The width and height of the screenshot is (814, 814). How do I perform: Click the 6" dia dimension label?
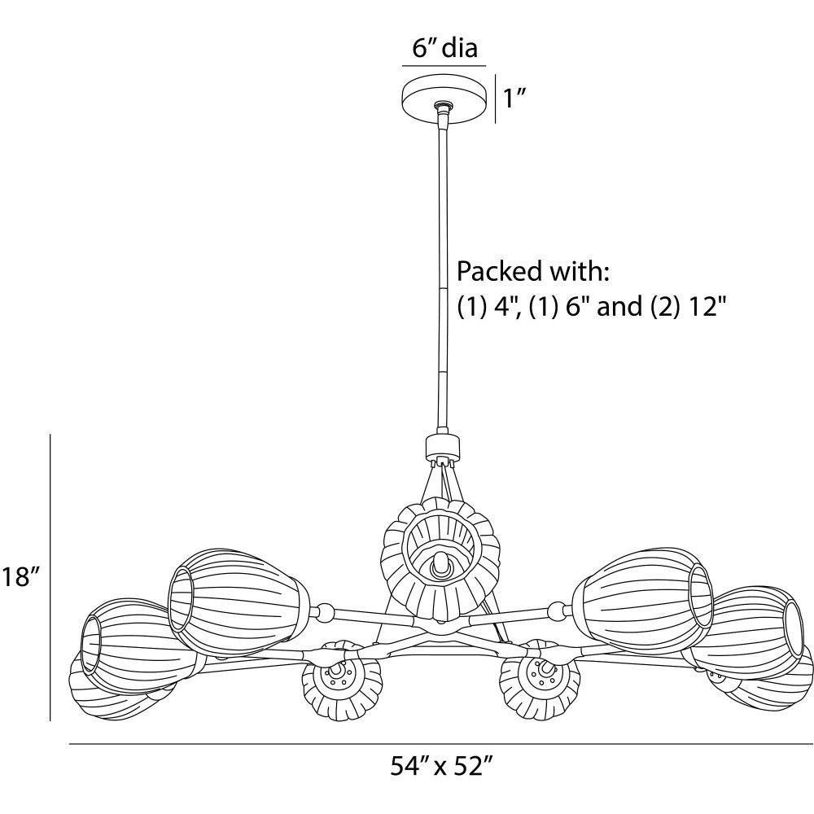[x=444, y=48]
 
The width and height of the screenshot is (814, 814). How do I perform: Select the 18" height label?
[x=20, y=576]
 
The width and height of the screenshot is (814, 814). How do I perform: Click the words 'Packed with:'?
[x=532, y=272]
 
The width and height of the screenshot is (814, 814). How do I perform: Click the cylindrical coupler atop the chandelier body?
[x=443, y=447]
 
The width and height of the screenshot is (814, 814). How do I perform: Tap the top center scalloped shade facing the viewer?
[x=440, y=558]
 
